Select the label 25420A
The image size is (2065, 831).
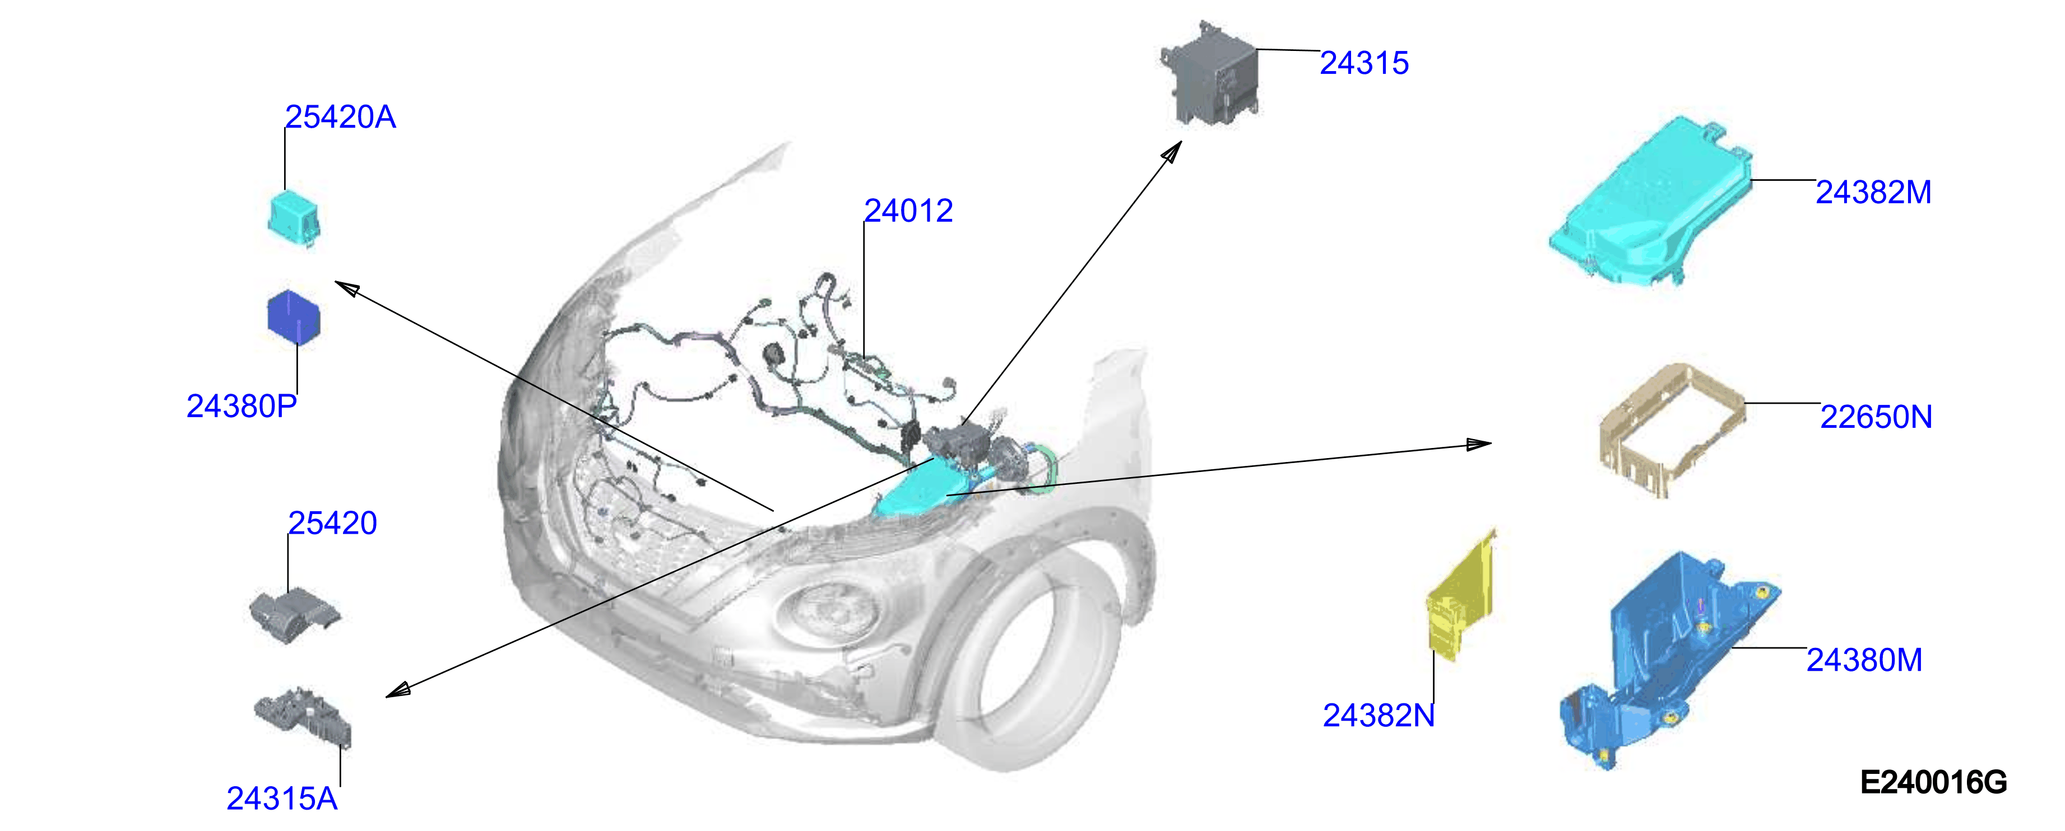click(x=341, y=117)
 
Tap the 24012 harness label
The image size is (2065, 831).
click(x=908, y=211)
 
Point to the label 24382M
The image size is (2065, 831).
click(x=1873, y=192)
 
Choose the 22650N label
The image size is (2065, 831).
click(x=1876, y=417)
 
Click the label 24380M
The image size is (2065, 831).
click(x=1864, y=660)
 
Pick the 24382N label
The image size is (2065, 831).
click(x=1379, y=716)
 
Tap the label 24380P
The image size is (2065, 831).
click(x=242, y=407)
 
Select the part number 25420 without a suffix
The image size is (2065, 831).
click(x=333, y=523)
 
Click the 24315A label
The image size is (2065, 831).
click(x=282, y=799)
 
